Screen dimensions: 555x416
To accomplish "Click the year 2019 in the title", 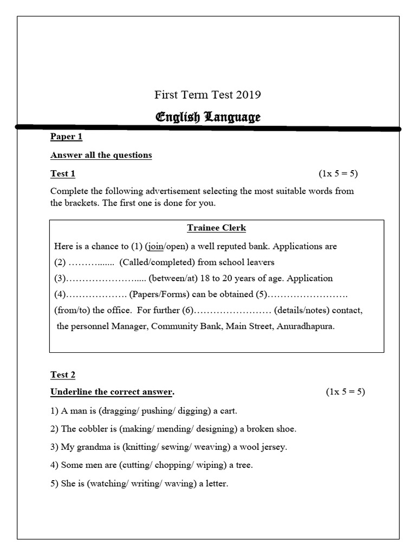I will tap(249, 95).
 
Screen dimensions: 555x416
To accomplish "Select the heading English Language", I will tap(208, 117).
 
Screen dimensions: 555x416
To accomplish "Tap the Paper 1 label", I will tap(66, 137).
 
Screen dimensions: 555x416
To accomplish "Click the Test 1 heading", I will tap(63, 173).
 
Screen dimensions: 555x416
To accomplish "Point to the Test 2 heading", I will tap(63, 375).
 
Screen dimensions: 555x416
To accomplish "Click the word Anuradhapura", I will tap(305, 326).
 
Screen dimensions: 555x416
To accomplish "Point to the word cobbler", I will tap(93, 429).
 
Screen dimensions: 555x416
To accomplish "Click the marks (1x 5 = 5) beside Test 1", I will tap(338, 173).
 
